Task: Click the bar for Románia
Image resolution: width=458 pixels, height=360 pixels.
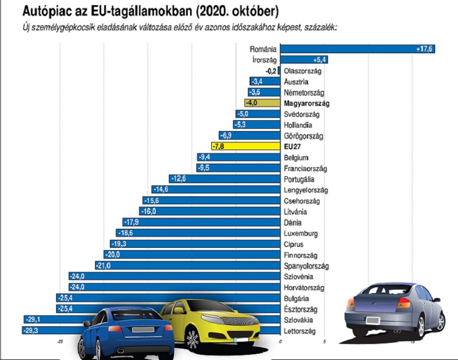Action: [x=358, y=49]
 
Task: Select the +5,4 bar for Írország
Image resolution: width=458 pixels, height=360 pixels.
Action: [x=303, y=60]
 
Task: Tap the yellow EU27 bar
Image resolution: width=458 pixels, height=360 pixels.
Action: [x=245, y=147]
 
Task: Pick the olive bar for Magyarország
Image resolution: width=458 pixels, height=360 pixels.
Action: [x=262, y=103]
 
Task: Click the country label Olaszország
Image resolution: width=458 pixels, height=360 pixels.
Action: [x=303, y=71]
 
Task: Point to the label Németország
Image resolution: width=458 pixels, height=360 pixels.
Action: [x=304, y=92]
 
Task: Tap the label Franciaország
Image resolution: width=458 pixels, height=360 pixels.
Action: [x=305, y=168]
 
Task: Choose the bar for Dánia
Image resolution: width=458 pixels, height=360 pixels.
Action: [x=200, y=223]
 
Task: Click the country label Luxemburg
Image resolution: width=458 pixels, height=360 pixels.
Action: [x=301, y=234]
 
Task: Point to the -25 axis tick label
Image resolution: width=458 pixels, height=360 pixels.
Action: [x=60, y=342]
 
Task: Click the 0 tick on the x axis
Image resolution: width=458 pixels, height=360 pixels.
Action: [x=281, y=342]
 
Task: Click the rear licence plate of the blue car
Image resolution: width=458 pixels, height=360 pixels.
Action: [x=143, y=330]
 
